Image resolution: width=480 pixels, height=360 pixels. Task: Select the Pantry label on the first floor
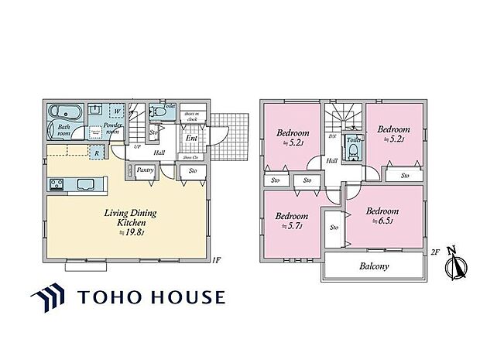[143, 169]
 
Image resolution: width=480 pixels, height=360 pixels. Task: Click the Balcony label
[374, 266]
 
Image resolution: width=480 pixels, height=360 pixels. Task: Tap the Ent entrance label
[190, 139]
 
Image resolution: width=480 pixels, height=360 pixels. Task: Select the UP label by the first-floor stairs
[137, 146]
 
